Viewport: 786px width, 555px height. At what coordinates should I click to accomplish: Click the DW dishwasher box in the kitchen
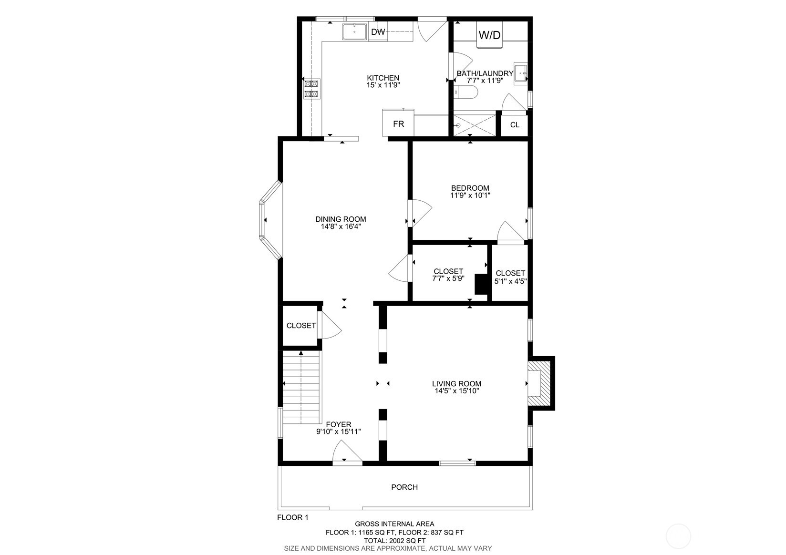(378, 32)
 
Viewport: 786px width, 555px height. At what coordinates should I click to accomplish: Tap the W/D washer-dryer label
(489, 35)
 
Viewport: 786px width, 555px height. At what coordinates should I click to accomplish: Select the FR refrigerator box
(398, 123)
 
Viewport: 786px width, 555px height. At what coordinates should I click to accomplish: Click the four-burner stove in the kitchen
(311, 89)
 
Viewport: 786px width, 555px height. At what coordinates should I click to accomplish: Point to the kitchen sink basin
(354, 31)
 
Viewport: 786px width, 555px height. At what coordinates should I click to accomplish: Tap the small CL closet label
(514, 125)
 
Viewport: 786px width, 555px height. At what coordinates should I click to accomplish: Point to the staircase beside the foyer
(300, 387)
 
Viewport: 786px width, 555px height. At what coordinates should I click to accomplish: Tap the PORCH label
(404, 487)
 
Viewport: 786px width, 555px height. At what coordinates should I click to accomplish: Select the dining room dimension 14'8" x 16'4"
(341, 227)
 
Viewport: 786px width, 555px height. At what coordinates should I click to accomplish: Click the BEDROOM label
(470, 188)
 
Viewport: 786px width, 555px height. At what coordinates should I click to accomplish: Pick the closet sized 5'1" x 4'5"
(510, 277)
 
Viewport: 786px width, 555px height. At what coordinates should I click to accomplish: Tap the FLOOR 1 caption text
(293, 517)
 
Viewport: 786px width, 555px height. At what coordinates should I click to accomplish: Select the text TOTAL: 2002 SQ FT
(394, 541)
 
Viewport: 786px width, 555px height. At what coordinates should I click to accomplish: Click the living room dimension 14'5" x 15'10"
(456, 391)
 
